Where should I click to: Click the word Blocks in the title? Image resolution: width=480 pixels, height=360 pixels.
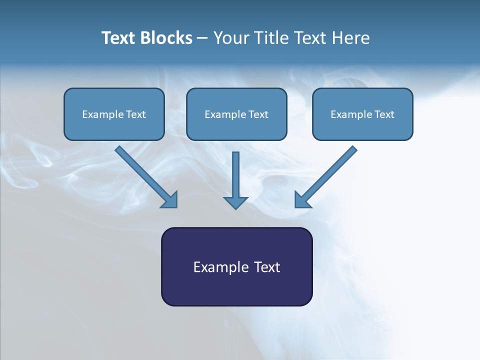point(165,38)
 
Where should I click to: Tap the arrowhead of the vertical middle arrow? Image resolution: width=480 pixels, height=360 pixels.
point(235,202)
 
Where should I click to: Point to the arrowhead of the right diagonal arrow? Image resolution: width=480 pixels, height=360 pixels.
point(301,200)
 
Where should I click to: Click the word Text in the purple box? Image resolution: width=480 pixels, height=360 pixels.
point(267,267)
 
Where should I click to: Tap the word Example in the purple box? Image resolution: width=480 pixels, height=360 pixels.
point(221,267)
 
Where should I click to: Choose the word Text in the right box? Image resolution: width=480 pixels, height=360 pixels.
point(384,114)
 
